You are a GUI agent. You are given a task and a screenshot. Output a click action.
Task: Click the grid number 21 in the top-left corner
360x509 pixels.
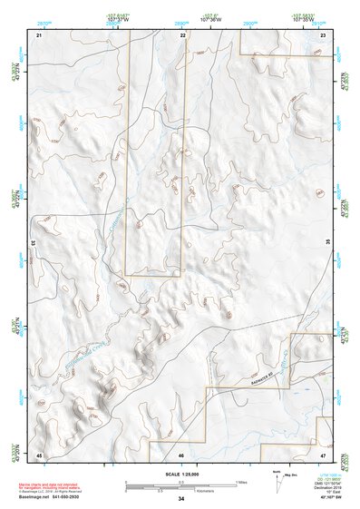point(39,34)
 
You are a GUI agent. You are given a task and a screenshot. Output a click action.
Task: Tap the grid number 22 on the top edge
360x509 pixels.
point(182,34)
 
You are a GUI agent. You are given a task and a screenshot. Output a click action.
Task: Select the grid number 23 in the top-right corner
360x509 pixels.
point(323,34)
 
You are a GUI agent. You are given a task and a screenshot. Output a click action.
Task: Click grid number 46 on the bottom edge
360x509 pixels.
point(181,454)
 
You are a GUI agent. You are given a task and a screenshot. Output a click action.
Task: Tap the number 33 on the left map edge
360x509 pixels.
point(34,243)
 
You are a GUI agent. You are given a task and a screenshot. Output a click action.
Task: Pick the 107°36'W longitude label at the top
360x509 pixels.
point(210,18)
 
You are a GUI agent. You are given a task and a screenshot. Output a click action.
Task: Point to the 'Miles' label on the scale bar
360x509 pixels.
point(241,481)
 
